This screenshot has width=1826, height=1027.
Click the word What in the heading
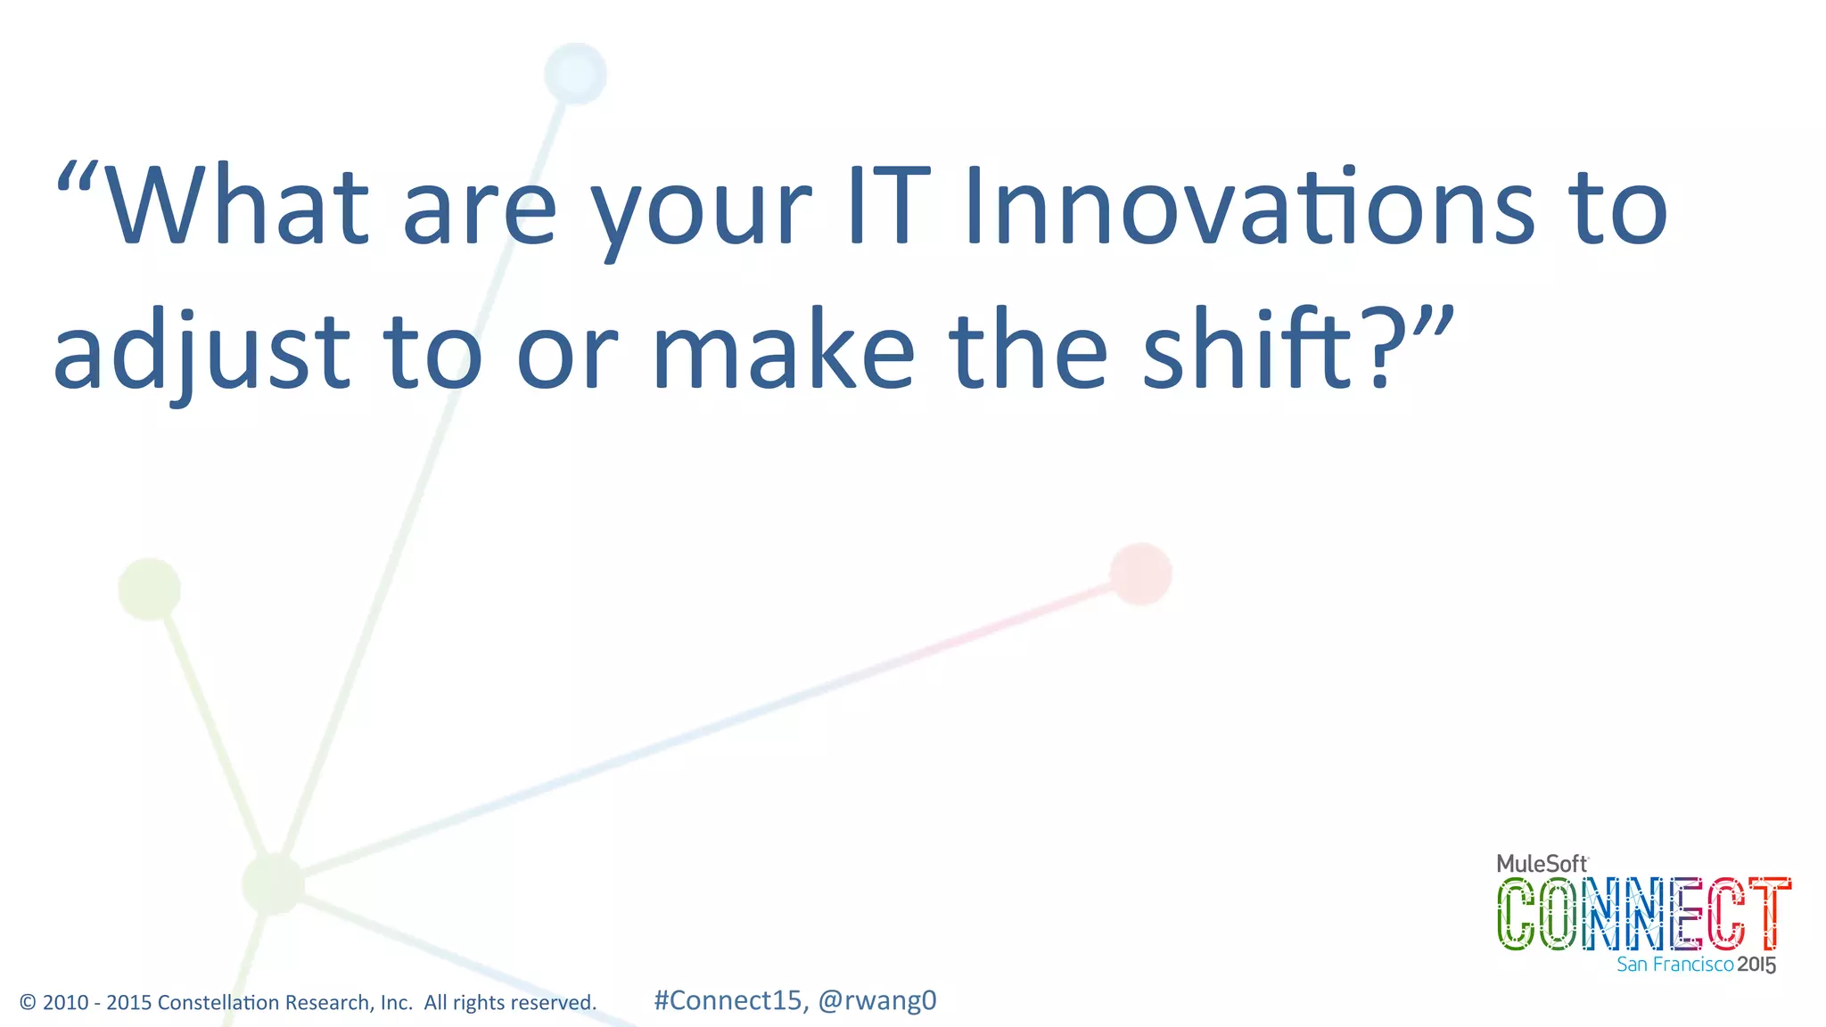click(x=236, y=206)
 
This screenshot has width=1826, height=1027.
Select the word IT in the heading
click(x=888, y=206)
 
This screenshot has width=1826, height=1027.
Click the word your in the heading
click(x=702, y=214)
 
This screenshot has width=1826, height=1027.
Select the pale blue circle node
click(x=575, y=73)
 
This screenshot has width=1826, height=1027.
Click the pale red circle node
click(x=1140, y=574)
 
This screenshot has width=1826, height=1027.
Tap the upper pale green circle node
click(x=149, y=589)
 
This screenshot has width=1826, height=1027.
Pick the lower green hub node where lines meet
click(x=273, y=883)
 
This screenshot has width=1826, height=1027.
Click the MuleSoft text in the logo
click(x=1542, y=863)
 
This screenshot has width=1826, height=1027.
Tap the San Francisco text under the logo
click(x=1674, y=965)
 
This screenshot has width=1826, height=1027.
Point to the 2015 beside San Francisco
click(x=1756, y=965)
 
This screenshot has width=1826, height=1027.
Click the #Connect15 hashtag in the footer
click(x=728, y=1000)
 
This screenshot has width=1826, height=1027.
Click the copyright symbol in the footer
click(x=28, y=1003)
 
